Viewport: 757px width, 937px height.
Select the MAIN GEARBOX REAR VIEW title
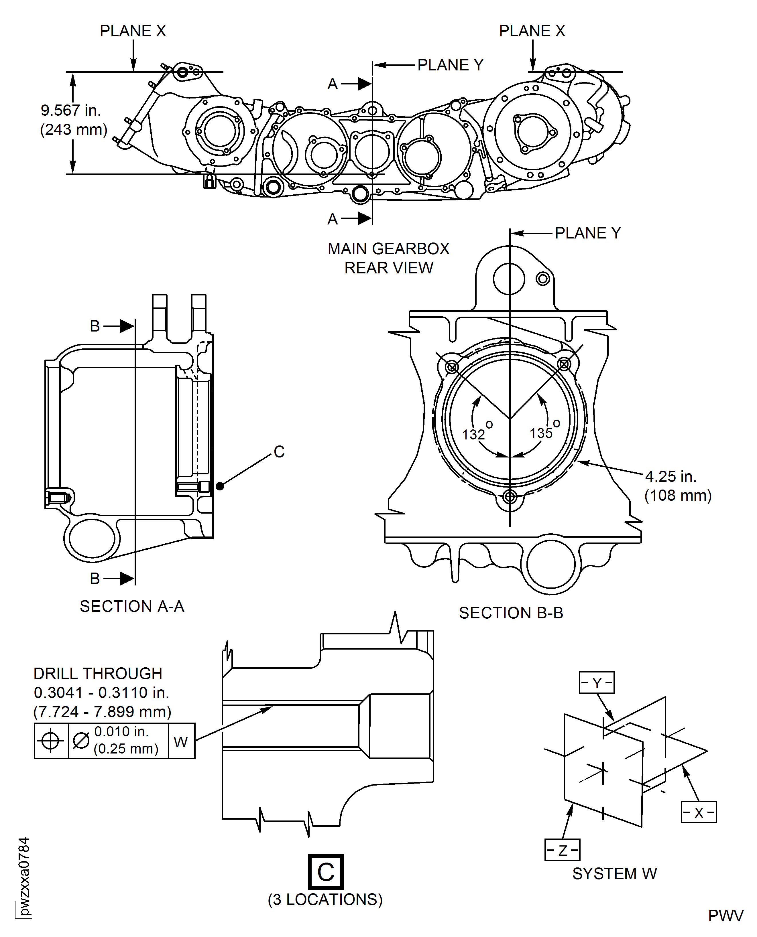click(389, 258)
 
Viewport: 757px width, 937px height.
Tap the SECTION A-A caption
click(132, 606)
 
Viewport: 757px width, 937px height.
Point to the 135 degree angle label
click(542, 433)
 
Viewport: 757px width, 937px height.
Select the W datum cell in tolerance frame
click(181, 741)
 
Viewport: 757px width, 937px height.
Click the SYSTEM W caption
click(614, 873)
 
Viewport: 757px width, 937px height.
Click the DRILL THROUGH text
click(98, 673)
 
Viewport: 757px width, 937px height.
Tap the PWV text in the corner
click(725, 916)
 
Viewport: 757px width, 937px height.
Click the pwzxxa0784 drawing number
click(24, 876)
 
